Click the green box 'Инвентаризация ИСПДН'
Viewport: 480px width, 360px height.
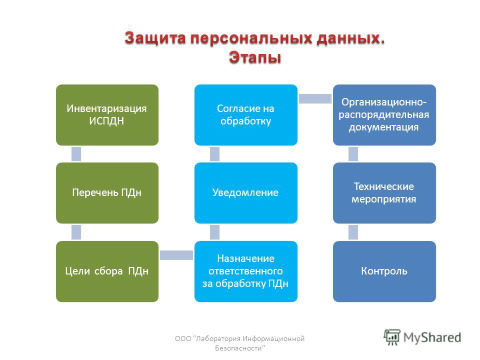pyautogui.click(x=107, y=115)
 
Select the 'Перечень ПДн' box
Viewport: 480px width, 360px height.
pyautogui.click(x=107, y=193)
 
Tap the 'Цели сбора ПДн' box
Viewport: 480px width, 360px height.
pyautogui.click(x=107, y=271)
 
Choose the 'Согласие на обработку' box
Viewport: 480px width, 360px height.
pyautogui.click(x=246, y=115)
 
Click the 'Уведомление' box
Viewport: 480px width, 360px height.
pyautogui.click(x=246, y=193)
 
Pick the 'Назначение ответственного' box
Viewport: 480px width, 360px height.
pyautogui.click(x=246, y=271)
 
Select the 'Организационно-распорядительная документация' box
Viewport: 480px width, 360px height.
pyautogui.click(x=384, y=115)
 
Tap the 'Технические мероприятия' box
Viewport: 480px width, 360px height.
pyautogui.click(x=384, y=193)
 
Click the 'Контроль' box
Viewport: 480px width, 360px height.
pyautogui.click(x=384, y=271)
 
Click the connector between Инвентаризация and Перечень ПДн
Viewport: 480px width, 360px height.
pyautogui.click(x=76, y=154)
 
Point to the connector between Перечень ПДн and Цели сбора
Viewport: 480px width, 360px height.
pyautogui.click(x=76, y=232)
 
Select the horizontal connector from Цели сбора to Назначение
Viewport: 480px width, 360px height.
pyautogui.click(x=176, y=255)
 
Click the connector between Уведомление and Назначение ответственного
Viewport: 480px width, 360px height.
pyautogui.click(x=214, y=232)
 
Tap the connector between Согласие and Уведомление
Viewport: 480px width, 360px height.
pyautogui.click(x=214, y=154)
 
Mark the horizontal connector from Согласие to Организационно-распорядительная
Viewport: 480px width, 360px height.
pyautogui.click(x=315, y=98)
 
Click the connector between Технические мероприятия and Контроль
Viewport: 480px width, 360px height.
pyautogui.click(x=353, y=232)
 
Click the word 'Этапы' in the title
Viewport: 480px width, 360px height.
pyautogui.click(x=255, y=57)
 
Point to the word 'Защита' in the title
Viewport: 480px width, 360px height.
pyautogui.click(x=155, y=38)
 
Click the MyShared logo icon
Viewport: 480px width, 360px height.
pyautogui.click(x=392, y=337)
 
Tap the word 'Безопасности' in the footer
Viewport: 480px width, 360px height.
pyautogui.click(x=239, y=348)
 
